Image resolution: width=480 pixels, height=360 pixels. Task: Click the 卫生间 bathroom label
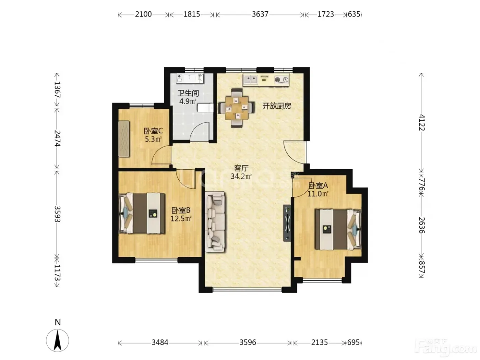point(188,93)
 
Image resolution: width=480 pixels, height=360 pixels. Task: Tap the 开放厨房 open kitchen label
point(277,106)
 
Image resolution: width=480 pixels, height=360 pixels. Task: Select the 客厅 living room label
point(241,168)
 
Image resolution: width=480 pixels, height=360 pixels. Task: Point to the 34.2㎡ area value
point(241,176)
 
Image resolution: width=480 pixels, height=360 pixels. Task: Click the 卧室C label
point(153,131)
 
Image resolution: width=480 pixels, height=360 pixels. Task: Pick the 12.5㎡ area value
point(181,218)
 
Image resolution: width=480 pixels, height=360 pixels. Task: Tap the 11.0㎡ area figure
point(318,194)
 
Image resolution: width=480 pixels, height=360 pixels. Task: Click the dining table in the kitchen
point(237,108)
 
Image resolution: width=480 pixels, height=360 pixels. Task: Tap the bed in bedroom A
point(338,229)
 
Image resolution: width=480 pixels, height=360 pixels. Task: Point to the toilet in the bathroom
point(205,108)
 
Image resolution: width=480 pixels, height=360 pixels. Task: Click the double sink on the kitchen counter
point(251,80)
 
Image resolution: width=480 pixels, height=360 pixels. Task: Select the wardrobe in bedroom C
point(124,139)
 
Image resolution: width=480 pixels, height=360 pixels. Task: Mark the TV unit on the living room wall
point(287,223)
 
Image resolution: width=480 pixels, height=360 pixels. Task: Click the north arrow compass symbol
point(58,340)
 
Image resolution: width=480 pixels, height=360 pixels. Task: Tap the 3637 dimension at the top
point(260,14)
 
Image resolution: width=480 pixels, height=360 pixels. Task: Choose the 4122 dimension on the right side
point(422,122)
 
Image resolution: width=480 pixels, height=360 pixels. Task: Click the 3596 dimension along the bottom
point(248,343)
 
